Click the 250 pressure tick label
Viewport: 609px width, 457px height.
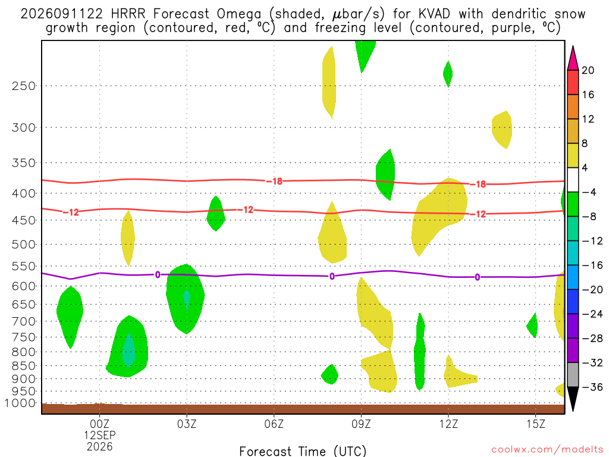click(24, 86)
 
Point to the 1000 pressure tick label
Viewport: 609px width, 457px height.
click(21, 403)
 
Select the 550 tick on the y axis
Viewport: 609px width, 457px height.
click(24, 267)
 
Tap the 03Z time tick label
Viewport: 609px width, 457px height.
click(187, 424)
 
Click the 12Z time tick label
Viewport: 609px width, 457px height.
click(448, 424)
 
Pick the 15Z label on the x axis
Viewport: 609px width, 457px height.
click(536, 424)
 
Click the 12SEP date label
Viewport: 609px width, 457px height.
click(100, 435)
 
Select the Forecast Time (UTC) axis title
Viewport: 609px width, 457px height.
click(303, 451)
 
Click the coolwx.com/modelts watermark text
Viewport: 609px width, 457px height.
click(547, 450)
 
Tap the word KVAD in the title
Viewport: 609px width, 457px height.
click(434, 14)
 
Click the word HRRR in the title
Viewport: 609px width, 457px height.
click(128, 14)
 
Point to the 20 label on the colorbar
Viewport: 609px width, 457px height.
click(588, 70)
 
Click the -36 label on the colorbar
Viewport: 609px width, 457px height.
click(592, 387)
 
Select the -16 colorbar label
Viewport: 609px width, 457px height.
click(592, 265)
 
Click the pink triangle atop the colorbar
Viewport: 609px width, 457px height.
click(573, 58)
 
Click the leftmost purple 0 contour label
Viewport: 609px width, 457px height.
click(158, 275)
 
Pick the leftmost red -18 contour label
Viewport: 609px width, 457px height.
click(274, 181)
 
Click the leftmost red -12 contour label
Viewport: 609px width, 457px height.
click(71, 212)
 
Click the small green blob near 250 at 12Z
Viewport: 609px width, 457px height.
click(448, 74)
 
